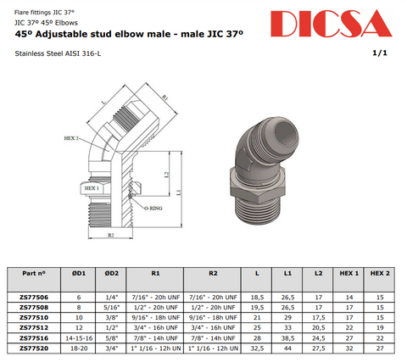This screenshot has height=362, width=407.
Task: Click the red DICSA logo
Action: [332, 24]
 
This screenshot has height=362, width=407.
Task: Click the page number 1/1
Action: [380, 53]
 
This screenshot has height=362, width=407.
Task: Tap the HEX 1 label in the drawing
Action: [92, 188]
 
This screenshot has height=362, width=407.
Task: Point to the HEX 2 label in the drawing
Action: [71, 138]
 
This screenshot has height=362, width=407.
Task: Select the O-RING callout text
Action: [153, 209]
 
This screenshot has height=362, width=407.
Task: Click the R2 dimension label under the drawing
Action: [111, 235]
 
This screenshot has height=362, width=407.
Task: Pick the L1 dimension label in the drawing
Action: [178, 192]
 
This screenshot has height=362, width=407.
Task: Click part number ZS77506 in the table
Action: [34, 298]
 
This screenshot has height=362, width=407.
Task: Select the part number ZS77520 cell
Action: [34, 348]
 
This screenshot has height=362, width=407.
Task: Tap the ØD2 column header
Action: [111, 273]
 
